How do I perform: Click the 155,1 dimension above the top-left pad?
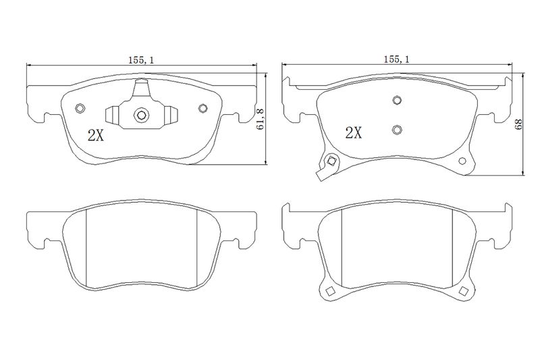[141, 60]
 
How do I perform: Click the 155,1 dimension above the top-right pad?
[397, 59]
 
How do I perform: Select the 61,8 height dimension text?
[261, 119]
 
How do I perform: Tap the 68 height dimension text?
[518, 124]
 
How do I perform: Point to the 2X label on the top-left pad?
[96, 136]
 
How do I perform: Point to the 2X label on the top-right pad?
[354, 132]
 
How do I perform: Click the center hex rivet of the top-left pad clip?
[141, 115]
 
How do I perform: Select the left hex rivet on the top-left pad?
[80, 108]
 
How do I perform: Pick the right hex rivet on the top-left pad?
[202, 108]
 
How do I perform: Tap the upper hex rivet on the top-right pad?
[397, 100]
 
